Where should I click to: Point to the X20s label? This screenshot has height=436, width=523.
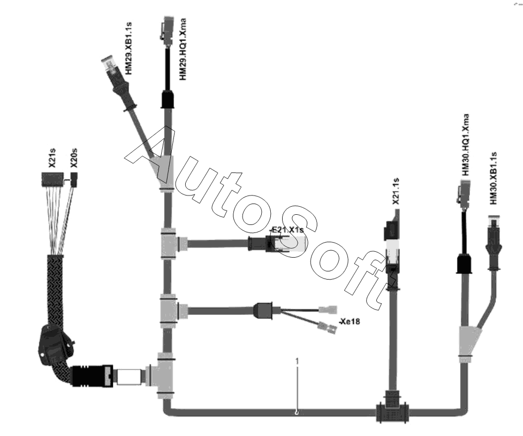pos(74,159)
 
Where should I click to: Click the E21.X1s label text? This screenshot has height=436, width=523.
pos(287,230)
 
